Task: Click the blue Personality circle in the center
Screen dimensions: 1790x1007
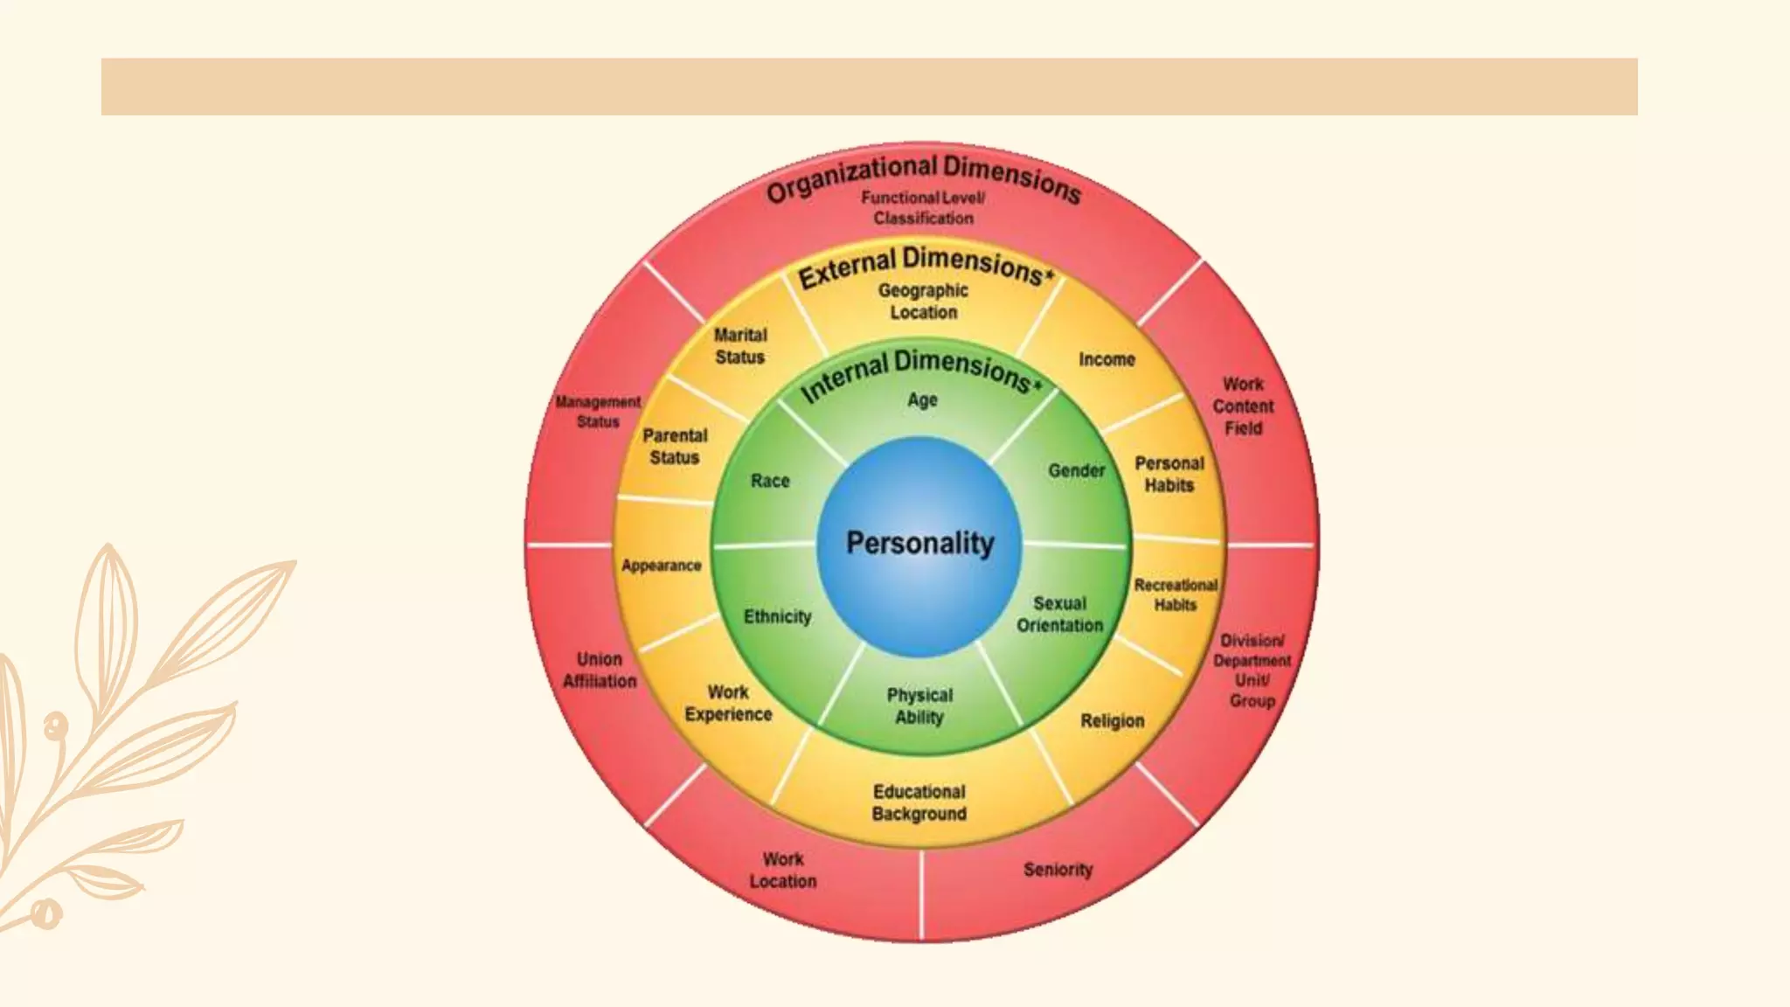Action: (919, 544)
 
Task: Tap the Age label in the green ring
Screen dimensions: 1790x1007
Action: (922, 400)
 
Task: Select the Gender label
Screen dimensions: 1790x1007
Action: (1076, 470)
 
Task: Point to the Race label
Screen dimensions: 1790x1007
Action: (770, 481)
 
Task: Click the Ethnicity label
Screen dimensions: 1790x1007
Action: (777, 617)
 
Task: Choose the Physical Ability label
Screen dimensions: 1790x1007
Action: (919, 706)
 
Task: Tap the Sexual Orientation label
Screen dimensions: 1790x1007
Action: (1059, 615)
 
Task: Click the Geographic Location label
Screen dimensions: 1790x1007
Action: (923, 302)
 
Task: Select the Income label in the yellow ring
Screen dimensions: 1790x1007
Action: (1107, 359)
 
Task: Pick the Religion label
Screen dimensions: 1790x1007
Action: (1112, 721)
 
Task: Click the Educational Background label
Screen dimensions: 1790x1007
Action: (919, 802)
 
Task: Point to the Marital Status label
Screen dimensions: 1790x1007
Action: (740, 346)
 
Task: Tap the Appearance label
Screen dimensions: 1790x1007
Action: (662, 566)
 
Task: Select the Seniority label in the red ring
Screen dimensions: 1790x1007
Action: (1058, 870)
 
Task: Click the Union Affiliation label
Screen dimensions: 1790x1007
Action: (600, 670)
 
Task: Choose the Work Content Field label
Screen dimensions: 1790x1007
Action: (1243, 406)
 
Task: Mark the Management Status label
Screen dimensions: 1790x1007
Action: (598, 412)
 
